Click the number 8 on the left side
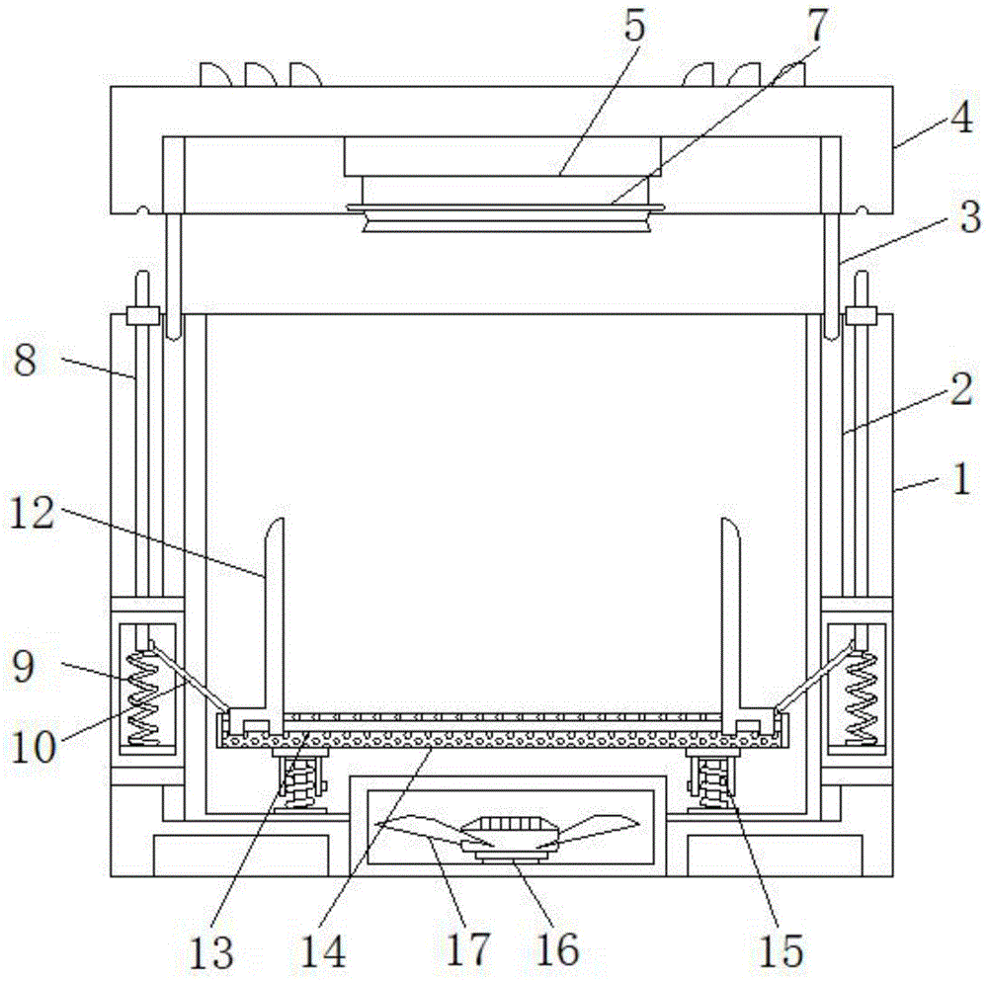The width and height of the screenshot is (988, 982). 26,362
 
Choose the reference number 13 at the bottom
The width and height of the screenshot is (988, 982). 211,951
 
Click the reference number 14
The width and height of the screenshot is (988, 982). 323,951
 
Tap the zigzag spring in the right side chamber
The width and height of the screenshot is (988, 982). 863,696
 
